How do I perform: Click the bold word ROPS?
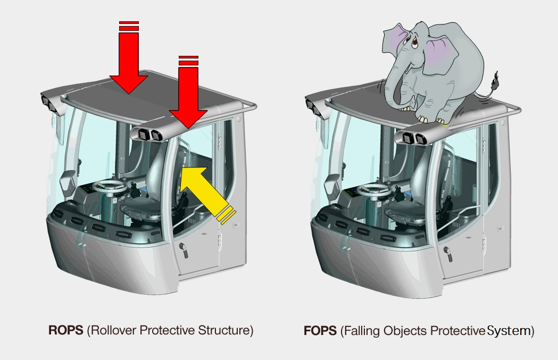click(x=66, y=330)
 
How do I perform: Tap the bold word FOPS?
click(x=320, y=331)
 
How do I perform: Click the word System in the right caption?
click(x=509, y=331)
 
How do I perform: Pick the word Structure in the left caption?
click(x=224, y=330)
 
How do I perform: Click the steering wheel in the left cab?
click(x=110, y=185)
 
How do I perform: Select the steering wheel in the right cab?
click(x=373, y=189)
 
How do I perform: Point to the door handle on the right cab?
click(x=448, y=253)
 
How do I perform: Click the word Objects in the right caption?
click(x=405, y=331)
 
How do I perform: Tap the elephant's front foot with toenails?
click(x=424, y=118)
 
